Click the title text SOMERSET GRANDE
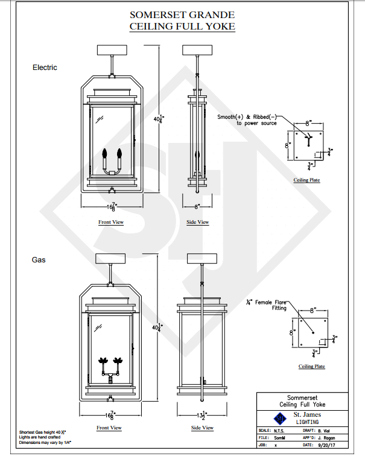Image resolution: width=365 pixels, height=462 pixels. click(182, 15)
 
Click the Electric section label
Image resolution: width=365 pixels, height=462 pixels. click(45, 68)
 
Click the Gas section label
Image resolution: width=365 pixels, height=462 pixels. click(39, 260)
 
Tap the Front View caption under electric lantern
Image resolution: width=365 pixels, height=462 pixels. click(111, 223)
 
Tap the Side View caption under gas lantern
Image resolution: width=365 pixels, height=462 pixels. click(202, 428)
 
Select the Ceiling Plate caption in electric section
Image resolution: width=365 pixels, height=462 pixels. click(306, 180)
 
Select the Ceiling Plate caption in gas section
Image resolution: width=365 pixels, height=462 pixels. click(311, 367)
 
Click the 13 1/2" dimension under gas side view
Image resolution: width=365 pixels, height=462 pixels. click(202, 416)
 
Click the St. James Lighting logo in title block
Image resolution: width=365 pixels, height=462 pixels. click(279, 418)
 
